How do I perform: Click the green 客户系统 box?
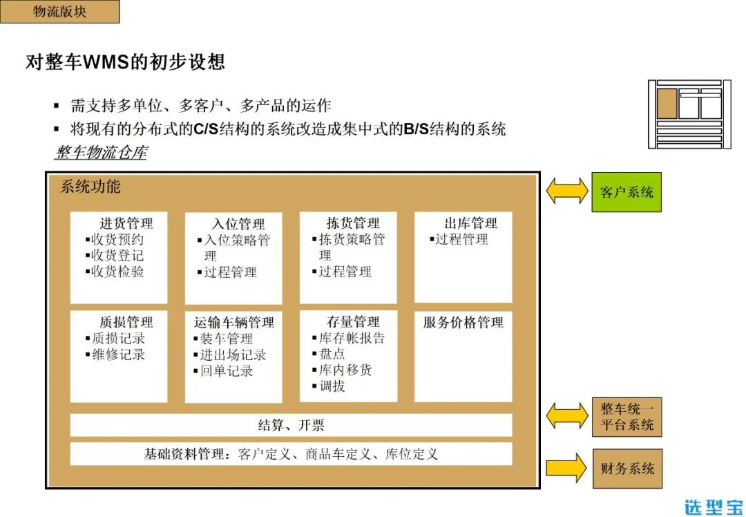626,192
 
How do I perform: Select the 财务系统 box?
627,469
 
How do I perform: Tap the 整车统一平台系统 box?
627,417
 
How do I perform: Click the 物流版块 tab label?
59,12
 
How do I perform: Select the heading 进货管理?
126,223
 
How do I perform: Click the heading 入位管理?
238,224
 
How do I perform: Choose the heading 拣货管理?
353,223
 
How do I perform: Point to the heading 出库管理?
470,223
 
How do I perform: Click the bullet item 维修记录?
118,355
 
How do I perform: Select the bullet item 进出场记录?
232,355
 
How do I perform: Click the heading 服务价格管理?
463,323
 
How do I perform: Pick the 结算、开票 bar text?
291,425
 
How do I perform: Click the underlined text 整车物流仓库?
101,153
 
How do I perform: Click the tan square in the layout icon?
667,104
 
